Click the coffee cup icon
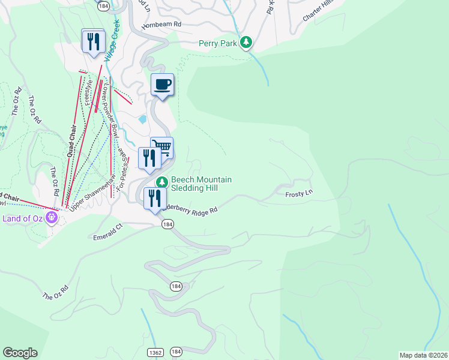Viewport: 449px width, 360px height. click(161, 85)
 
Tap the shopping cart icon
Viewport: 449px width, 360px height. click(161, 146)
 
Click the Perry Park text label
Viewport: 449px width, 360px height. click(218, 43)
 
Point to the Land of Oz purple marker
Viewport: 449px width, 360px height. click(52, 217)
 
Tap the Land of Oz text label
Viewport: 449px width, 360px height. click(23, 218)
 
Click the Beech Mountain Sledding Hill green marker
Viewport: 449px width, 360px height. click(161, 182)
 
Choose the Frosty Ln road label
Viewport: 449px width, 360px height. click(299, 194)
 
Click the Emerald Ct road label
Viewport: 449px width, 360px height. click(107, 237)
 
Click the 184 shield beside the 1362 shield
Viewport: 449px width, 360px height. click(176, 351)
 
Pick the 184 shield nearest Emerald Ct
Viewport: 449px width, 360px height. click(168, 224)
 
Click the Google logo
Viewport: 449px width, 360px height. click(20, 353)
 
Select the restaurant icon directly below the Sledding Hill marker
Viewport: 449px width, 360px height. click(155, 199)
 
